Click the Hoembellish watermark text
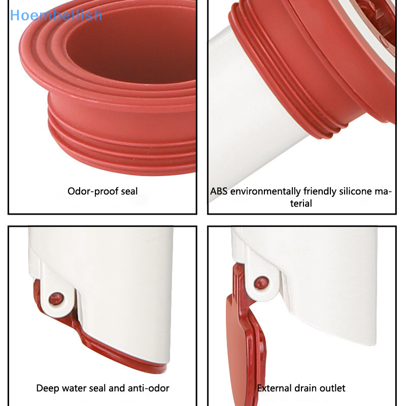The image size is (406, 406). pyautogui.click(x=56, y=15)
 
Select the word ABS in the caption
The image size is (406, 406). pyautogui.click(x=219, y=191)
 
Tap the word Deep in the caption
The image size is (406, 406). pyautogui.click(x=48, y=388)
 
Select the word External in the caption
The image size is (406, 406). pyautogui.click(x=275, y=388)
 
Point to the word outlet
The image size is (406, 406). pyautogui.click(x=333, y=388)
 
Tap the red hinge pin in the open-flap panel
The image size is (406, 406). pyautogui.click(x=261, y=280)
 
